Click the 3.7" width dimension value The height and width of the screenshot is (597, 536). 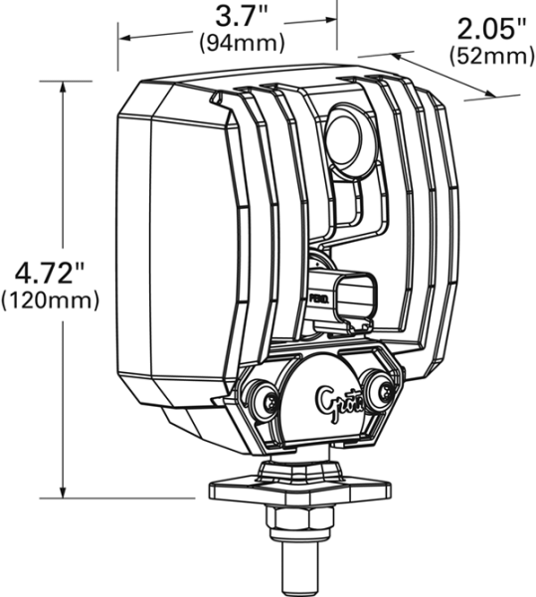(x=241, y=17)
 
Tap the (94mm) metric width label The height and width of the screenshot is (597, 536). (x=242, y=43)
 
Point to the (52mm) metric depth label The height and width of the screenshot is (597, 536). (x=491, y=55)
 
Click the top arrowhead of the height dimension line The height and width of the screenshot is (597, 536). (x=64, y=86)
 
